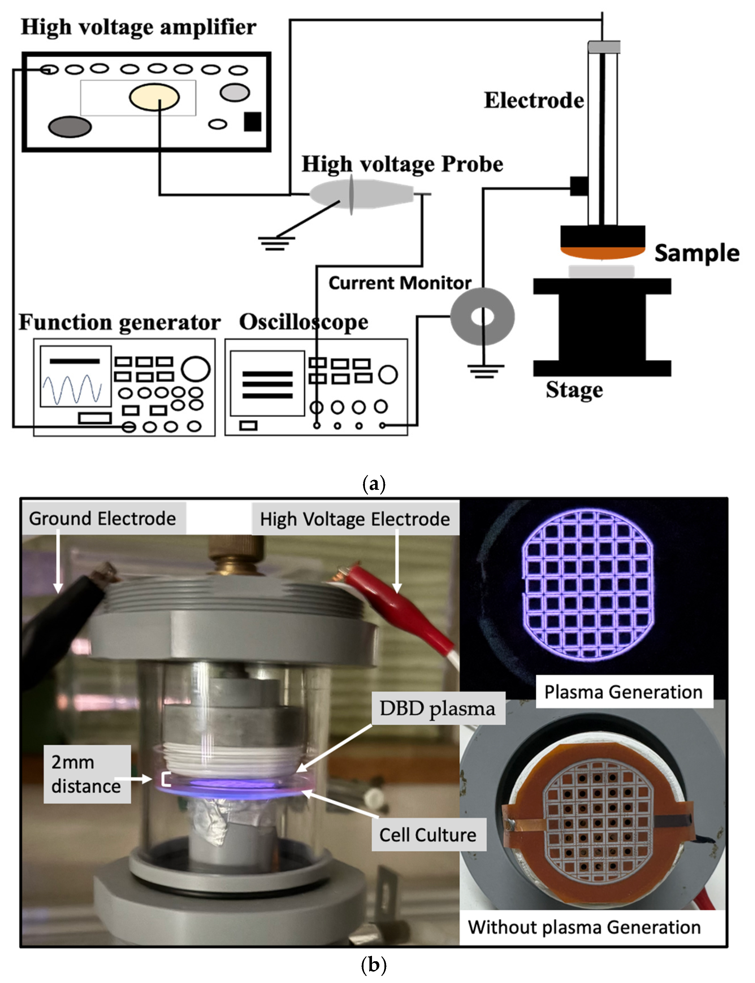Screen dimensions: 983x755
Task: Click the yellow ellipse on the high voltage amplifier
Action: tap(154, 97)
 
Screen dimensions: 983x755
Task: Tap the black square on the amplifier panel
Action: tap(253, 121)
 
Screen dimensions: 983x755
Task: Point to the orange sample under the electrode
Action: tap(602, 254)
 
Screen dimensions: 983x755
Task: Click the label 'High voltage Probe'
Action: tap(402, 164)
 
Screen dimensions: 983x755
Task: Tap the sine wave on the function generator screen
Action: tap(72, 389)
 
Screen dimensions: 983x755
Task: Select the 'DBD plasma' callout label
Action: tap(437, 709)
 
